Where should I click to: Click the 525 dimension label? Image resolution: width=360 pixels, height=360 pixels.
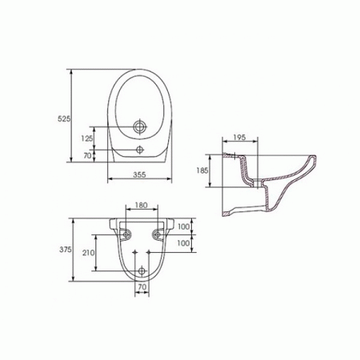point(64,119)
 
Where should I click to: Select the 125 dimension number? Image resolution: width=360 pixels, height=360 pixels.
point(87,138)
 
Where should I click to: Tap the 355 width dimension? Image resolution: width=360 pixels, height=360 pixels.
point(140,174)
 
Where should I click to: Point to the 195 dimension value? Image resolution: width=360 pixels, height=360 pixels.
point(239,138)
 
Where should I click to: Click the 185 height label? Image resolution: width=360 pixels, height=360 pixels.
point(202,170)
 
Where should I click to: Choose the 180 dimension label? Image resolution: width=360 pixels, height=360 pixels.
point(141,206)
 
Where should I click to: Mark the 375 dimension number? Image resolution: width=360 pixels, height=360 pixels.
point(66,250)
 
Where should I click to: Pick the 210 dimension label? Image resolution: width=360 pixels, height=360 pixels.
point(88,253)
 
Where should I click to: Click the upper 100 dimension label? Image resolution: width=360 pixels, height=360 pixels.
point(184,226)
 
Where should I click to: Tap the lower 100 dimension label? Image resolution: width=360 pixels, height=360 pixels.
point(184,243)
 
